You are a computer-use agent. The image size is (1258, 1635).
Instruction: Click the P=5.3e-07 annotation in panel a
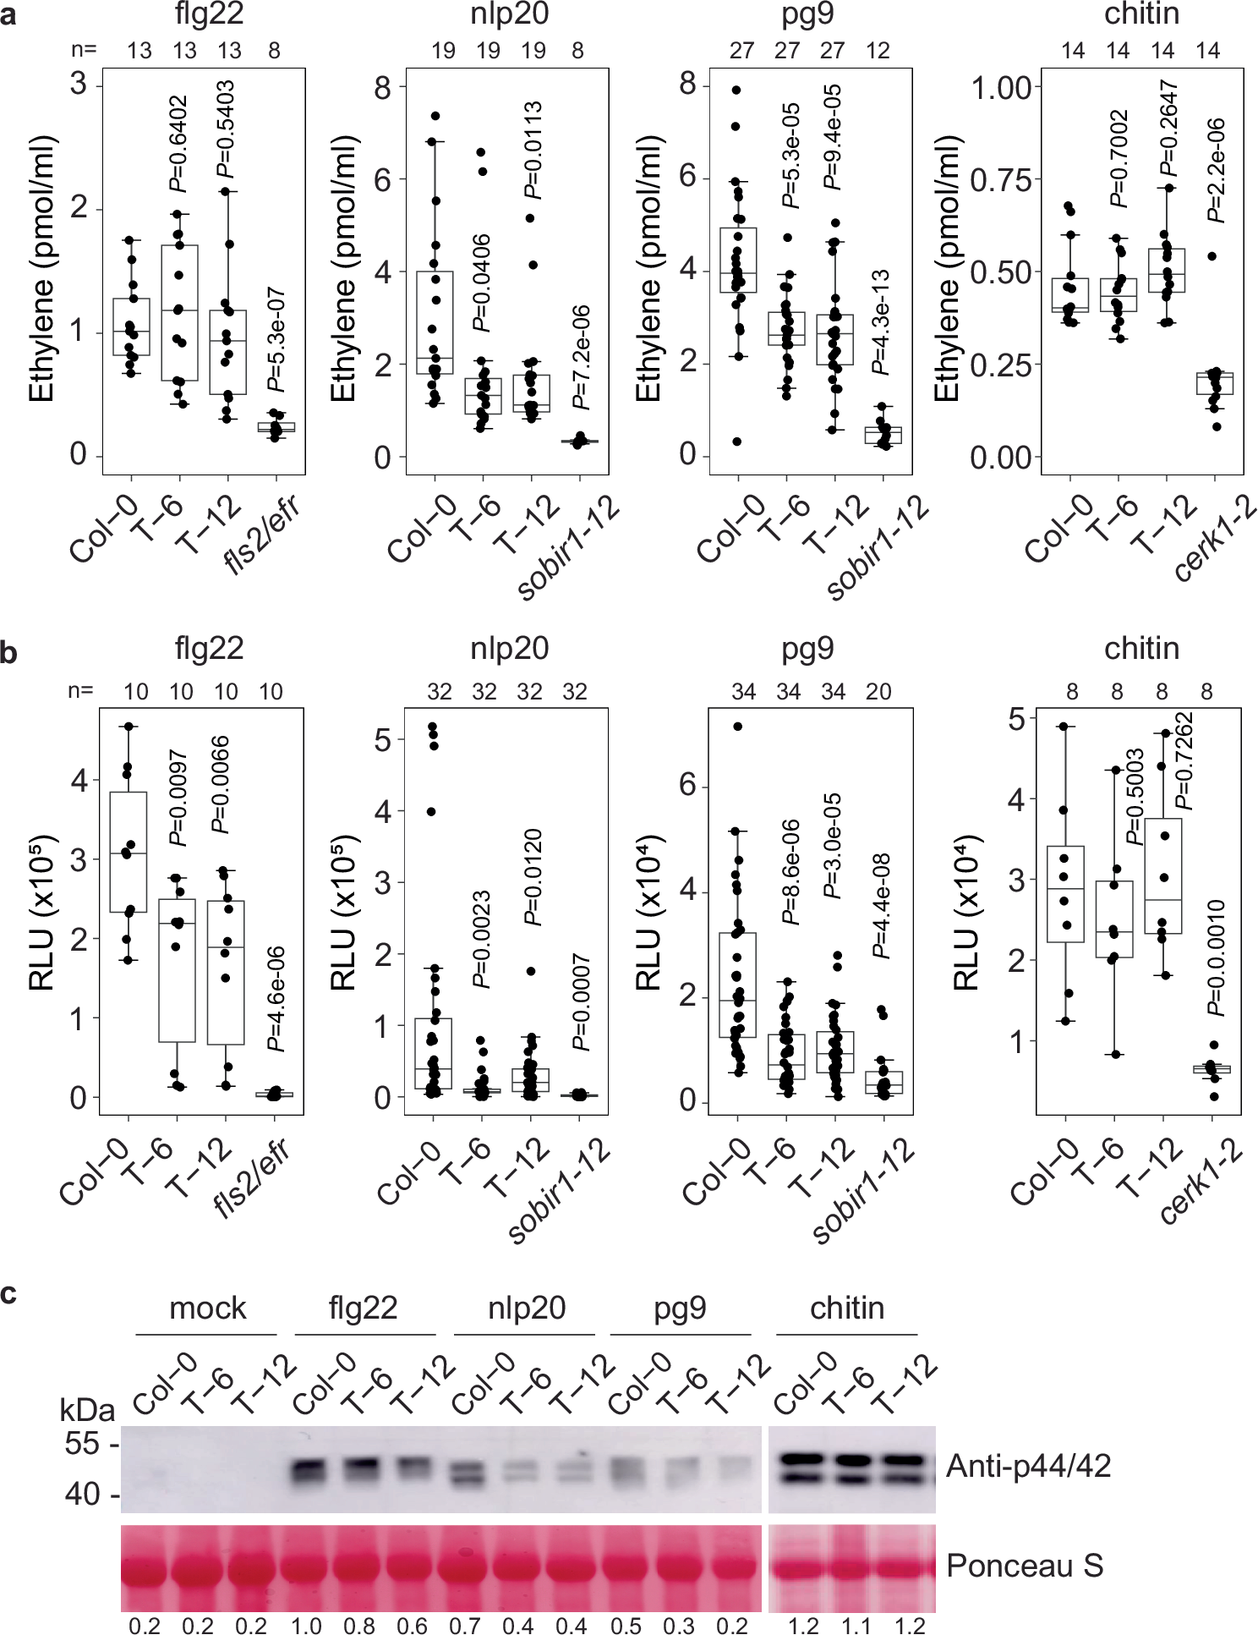pyautogui.click(x=276, y=339)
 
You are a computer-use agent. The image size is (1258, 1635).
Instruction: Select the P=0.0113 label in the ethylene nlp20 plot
pyautogui.click(x=533, y=150)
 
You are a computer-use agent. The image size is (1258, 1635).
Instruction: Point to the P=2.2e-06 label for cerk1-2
pyautogui.click(x=1216, y=170)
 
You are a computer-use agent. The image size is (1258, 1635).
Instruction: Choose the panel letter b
pyautogui.click(x=9, y=653)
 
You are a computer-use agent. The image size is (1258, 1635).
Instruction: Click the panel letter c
pyautogui.click(x=9, y=1293)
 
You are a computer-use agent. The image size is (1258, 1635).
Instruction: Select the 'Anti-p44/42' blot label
pyautogui.click(x=1028, y=1466)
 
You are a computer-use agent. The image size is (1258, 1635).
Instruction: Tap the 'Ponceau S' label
pyautogui.click(x=1025, y=1566)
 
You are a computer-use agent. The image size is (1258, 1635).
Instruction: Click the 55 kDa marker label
pyautogui.click(x=83, y=1443)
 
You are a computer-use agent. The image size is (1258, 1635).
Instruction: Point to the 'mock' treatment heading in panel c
pyautogui.click(x=207, y=1308)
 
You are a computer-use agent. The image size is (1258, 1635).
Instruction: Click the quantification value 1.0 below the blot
pyautogui.click(x=306, y=1626)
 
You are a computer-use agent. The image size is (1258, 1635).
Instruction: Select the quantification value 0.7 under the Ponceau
pyautogui.click(x=464, y=1626)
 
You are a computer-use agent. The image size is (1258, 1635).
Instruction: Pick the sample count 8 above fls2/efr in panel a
pyautogui.click(x=275, y=52)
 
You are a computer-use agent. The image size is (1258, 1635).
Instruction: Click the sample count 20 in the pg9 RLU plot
pyautogui.click(x=878, y=692)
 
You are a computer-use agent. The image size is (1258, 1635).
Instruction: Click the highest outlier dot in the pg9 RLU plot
pyautogui.click(x=737, y=727)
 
